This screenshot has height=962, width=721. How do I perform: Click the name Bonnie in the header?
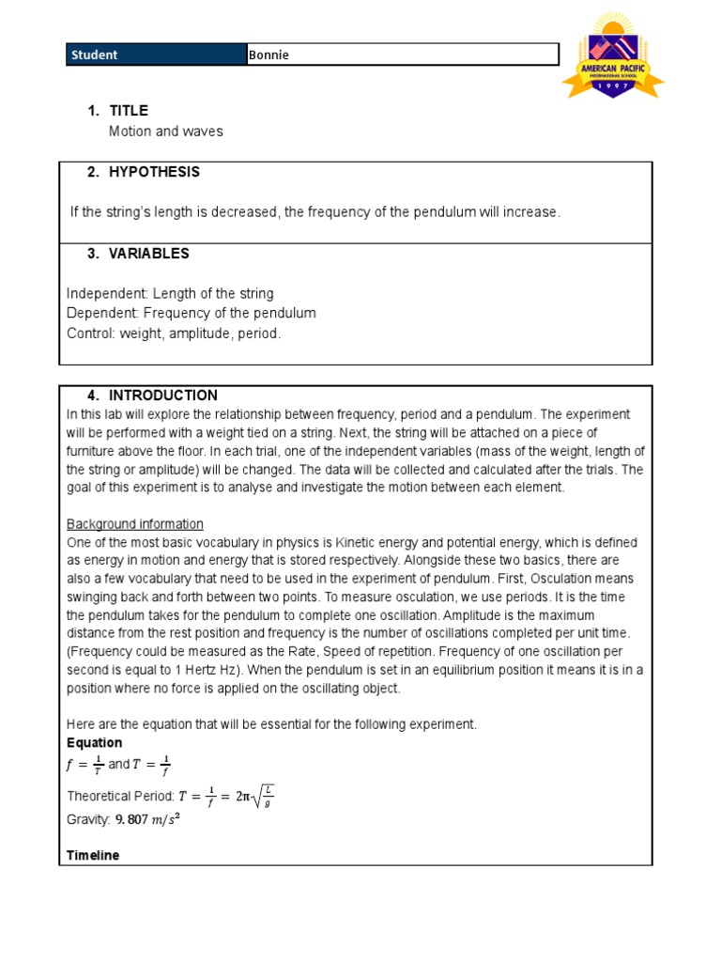coord(269,54)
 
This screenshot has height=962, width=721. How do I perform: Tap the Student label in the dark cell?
coord(94,54)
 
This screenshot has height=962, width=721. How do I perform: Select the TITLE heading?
coord(129,111)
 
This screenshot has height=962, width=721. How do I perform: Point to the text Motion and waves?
coord(166,132)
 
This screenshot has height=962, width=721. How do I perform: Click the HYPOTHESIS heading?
coord(154,172)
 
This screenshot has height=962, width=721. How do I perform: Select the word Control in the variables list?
coord(89,334)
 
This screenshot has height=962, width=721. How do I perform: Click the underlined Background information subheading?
coord(135,524)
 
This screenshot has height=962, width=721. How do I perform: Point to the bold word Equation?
coord(94,743)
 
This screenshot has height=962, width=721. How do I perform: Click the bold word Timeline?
coord(93,856)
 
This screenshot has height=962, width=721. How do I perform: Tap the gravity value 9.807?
coord(132,820)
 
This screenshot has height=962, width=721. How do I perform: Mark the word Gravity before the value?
coord(88,820)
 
